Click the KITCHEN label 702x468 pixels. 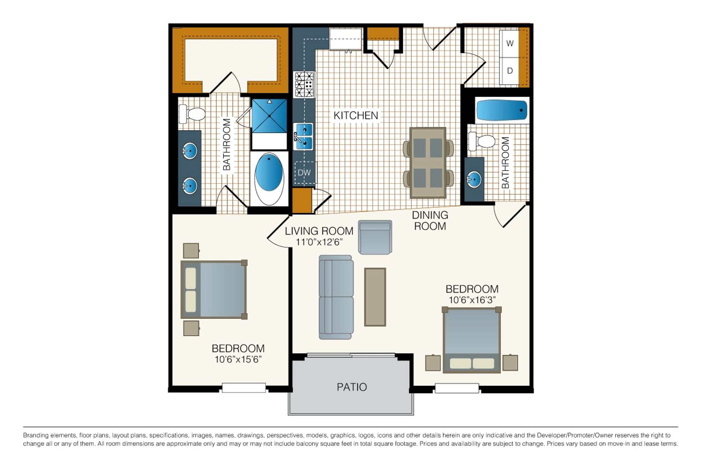(x=356, y=116)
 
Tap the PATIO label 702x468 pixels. (x=352, y=387)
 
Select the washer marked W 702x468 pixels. (x=510, y=44)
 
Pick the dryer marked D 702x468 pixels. (x=510, y=71)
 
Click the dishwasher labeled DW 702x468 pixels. (x=304, y=173)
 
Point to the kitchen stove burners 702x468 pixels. (x=304, y=84)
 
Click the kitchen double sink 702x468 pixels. (x=303, y=136)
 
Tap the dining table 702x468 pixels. (x=428, y=163)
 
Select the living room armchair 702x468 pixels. (x=375, y=237)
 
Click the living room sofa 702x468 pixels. (x=336, y=297)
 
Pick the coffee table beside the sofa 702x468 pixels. (x=375, y=297)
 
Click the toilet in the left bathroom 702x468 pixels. (x=192, y=114)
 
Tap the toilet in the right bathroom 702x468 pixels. (x=482, y=141)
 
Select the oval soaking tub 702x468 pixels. (x=269, y=178)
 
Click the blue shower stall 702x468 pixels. (x=269, y=116)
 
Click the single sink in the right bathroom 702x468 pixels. (x=474, y=180)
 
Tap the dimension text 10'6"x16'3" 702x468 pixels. (x=472, y=300)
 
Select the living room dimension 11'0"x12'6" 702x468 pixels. (x=319, y=242)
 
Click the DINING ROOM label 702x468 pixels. (x=430, y=220)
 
